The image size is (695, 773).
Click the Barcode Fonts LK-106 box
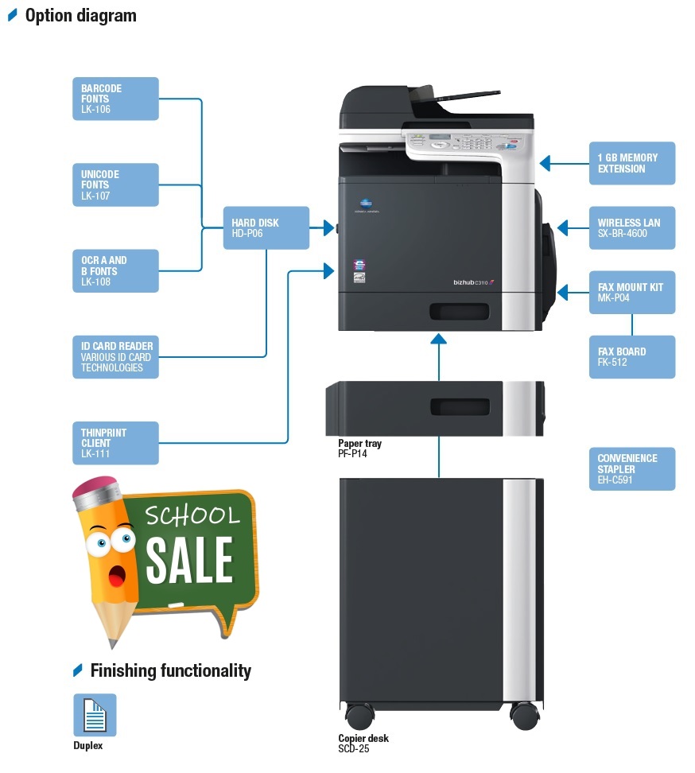[x=115, y=99]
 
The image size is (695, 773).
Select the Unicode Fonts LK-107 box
[x=115, y=185]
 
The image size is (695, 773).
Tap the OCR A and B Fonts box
[x=115, y=270]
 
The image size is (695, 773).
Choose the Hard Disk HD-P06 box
[x=266, y=227]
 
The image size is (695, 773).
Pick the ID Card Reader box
[x=115, y=357]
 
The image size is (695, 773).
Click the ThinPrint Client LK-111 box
[x=115, y=443]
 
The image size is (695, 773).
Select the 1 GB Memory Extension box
[x=632, y=163]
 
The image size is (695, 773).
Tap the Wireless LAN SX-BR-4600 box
[x=632, y=227]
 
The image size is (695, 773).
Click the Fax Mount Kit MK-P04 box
[x=632, y=293]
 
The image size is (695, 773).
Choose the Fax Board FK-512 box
[x=632, y=357]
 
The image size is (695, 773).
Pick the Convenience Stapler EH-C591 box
[x=632, y=469]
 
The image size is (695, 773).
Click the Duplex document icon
[x=95, y=715]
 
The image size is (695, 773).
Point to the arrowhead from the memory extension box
[x=546, y=163]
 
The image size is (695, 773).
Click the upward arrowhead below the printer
[x=438, y=339]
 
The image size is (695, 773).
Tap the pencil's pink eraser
[x=95, y=487]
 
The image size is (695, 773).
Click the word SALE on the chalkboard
[x=189, y=560]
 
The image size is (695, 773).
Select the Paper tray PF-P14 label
[x=359, y=448]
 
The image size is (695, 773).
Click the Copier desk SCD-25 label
[x=363, y=743]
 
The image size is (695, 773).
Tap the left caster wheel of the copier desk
[x=359, y=716]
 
